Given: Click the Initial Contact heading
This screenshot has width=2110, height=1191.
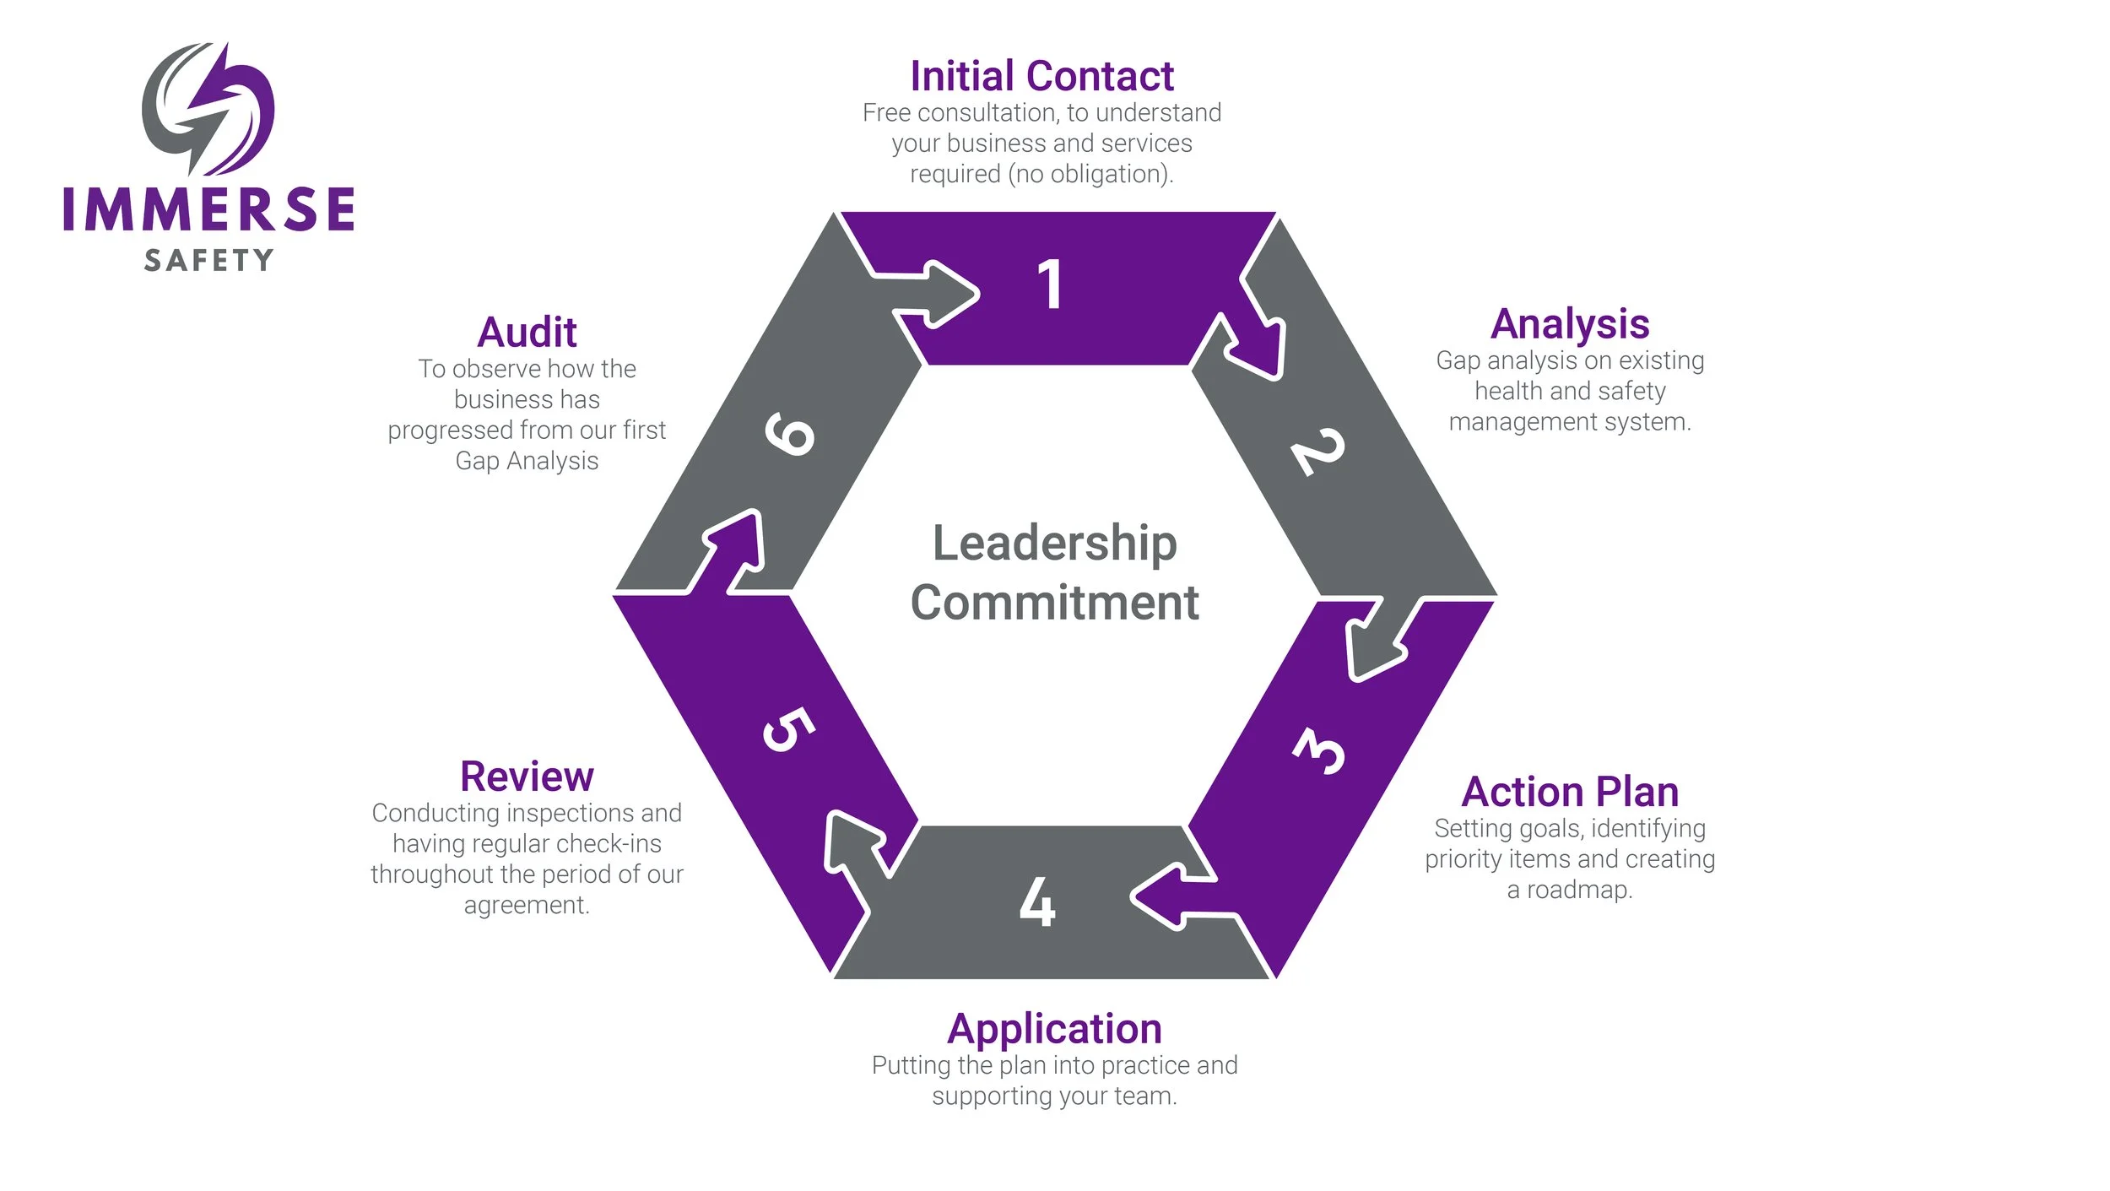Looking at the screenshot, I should tap(1041, 77).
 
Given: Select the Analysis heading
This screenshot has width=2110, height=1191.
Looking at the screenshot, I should tap(1570, 324).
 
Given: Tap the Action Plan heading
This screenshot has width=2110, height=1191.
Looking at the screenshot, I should tap(1570, 793).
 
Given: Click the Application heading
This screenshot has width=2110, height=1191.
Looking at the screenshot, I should tap(1054, 1030).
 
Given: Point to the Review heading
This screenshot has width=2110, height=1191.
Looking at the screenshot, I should tap(527, 777).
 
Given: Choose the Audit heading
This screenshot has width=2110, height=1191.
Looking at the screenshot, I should tap(527, 333).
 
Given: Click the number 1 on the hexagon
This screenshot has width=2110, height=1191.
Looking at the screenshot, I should tap(1050, 284).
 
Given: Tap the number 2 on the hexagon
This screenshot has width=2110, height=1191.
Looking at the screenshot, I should tap(1317, 452).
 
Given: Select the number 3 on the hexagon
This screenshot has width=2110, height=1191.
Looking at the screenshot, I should tap(1319, 750).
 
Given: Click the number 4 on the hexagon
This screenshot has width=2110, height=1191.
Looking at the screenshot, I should tap(1037, 902).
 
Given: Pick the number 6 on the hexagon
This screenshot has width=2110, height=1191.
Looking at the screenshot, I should tap(790, 434).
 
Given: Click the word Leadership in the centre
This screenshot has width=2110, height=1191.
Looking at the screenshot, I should tap(1054, 543).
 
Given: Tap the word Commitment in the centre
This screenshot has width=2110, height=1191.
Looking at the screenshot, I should tap(1054, 603).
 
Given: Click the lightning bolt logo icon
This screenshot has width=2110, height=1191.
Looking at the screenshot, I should tap(208, 108).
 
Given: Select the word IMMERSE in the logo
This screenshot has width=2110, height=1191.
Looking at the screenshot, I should tap(208, 209).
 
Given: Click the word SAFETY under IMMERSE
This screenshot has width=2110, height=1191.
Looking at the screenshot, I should tap(208, 260).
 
